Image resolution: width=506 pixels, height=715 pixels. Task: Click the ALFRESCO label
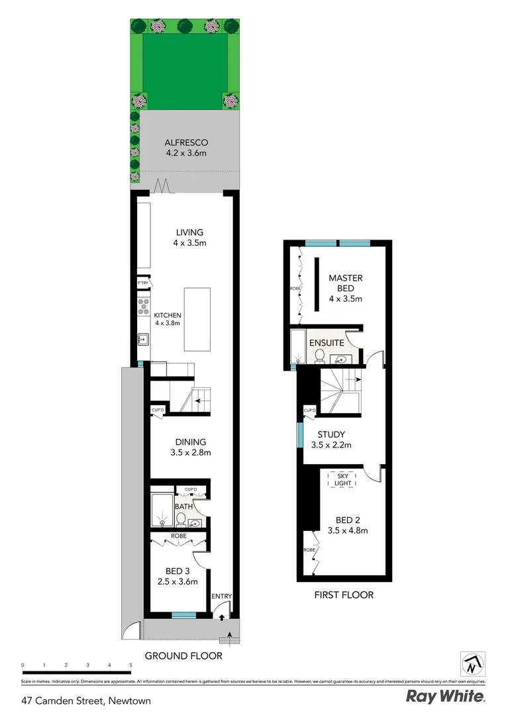[186, 142]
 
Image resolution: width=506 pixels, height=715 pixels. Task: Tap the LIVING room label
[189, 232]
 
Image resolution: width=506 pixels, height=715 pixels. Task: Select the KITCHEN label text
[168, 315]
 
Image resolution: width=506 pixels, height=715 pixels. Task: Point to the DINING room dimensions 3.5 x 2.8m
[190, 453]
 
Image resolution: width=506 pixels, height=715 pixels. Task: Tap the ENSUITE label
[327, 343]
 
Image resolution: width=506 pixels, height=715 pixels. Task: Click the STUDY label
[331, 435]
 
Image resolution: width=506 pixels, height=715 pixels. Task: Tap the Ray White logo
[445, 696]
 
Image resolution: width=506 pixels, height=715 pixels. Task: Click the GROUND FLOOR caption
[183, 656]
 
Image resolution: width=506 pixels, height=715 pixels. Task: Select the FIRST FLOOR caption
[344, 595]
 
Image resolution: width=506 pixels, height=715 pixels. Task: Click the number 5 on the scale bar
[130, 664]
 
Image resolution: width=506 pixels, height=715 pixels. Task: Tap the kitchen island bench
[196, 319]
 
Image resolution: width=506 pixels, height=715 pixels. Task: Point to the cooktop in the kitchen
[142, 309]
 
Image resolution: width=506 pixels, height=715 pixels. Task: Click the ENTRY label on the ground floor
[222, 596]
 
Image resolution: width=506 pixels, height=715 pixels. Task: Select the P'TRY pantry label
[142, 283]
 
